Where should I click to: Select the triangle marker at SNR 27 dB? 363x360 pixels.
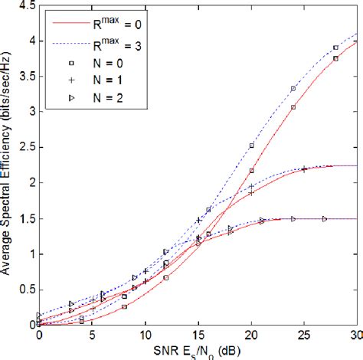[325, 218]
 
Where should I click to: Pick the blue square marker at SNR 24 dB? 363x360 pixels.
[293, 89]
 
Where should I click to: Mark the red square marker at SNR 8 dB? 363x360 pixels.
[124, 306]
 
